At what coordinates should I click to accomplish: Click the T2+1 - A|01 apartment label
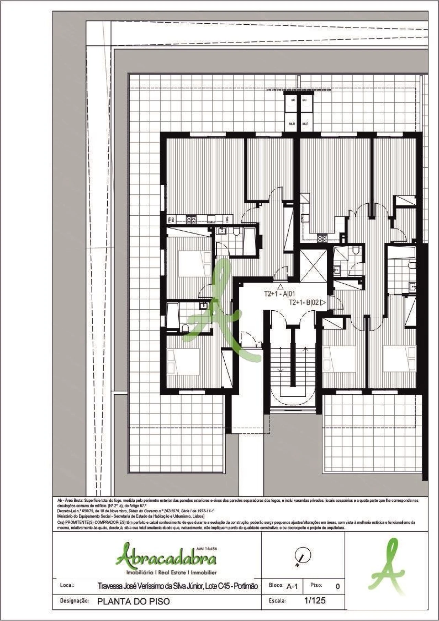click(x=279, y=294)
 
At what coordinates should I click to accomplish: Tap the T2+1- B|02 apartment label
click(x=304, y=302)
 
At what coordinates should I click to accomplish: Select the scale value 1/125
click(x=315, y=600)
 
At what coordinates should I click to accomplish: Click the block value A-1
click(x=292, y=586)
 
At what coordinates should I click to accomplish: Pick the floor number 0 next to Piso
click(x=337, y=586)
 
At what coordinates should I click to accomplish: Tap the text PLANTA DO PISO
click(x=133, y=601)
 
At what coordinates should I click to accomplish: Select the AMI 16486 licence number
click(x=207, y=548)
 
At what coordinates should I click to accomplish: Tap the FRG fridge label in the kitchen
click(x=227, y=218)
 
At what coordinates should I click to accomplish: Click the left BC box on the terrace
click(x=293, y=100)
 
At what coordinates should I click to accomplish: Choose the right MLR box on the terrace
click(x=305, y=124)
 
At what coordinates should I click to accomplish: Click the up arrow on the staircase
click(x=305, y=350)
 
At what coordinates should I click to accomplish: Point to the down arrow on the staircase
click(x=280, y=370)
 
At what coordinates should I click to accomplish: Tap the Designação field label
click(x=74, y=601)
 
